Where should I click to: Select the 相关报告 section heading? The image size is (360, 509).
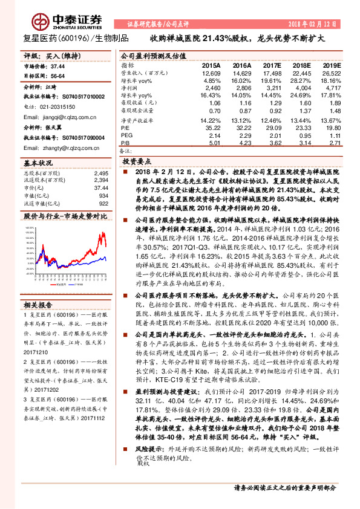[x=38, y=321]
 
